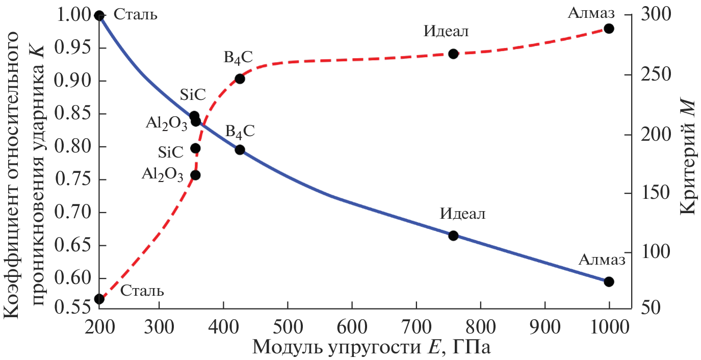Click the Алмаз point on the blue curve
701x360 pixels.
(609, 281)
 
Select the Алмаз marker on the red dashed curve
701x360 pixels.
(609, 29)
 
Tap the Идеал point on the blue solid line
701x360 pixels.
(453, 236)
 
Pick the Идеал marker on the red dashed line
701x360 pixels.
(453, 54)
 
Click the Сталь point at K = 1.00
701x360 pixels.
(99, 15)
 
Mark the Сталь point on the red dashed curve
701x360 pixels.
(99, 299)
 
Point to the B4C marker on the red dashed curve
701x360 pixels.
(240, 79)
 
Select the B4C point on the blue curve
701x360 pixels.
(240, 150)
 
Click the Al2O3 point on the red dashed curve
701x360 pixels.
(195, 175)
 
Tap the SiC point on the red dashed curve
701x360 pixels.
(195, 148)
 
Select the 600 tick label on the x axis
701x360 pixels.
(352, 326)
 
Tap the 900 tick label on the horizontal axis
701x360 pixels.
(545, 326)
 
